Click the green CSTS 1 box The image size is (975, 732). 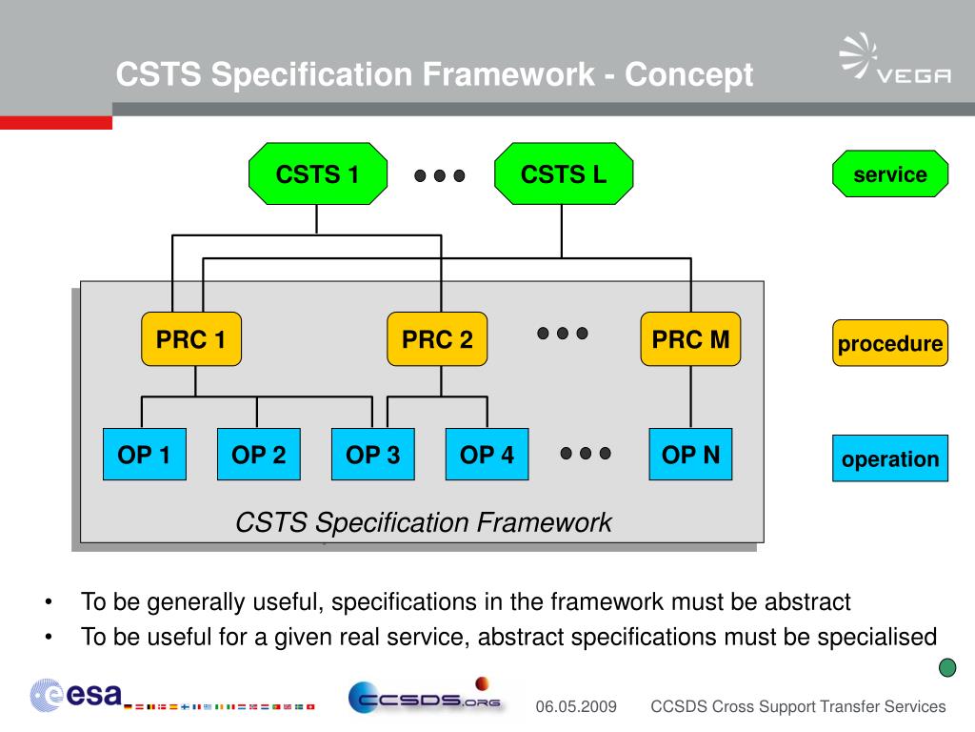pos(318,174)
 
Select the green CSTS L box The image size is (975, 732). pos(564,174)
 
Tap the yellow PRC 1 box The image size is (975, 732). pos(191,339)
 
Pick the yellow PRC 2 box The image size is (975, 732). pos(437,339)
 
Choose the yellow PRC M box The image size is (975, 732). pos(690,339)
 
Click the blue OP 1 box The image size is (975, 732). pos(144,455)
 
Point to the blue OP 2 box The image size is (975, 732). pos(258,455)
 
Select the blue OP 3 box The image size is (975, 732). pos(372,455)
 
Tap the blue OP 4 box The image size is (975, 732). pos(487,455)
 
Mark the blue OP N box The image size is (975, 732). pos(690,455)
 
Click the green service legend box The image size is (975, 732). pos(890,174)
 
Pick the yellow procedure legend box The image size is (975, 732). pos(890,344)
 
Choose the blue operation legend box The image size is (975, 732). pos(890,458)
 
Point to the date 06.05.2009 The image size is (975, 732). pos(576,707)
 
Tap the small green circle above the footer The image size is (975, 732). pos(947,667)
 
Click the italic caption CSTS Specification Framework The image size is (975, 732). pos(423,522)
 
